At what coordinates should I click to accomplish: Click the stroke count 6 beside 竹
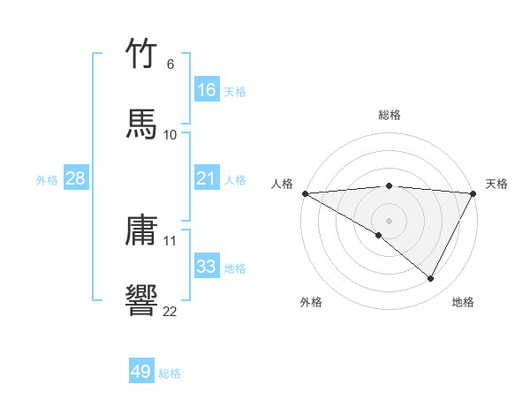pos(170,64)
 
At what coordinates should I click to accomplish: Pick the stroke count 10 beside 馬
pos(170,134)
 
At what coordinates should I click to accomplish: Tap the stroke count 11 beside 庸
pos(170,240)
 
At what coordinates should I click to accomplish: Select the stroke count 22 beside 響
pos(170,310)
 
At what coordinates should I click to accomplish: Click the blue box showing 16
pos(207,90)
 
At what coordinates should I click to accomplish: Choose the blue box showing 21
pos(207,179)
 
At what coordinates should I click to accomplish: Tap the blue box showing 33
pos(207,267)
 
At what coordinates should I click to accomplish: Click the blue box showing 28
pos(76,179)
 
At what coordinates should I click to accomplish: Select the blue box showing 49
pos(141,372)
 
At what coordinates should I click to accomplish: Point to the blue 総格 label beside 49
pos(170,373)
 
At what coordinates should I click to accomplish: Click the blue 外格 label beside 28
pos(47,180)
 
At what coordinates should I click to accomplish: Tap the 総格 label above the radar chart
pos(389,115)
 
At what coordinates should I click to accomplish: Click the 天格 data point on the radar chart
pos(473,192)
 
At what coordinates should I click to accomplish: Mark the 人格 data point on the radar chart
pos(305,192)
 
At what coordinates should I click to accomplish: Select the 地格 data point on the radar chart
pos(431,279)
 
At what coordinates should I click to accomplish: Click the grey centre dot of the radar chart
pos(389,220)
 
